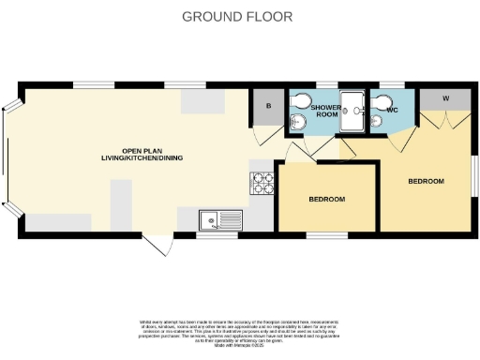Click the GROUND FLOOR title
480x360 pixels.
coord(237,16)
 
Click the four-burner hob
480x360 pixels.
coord(262,183)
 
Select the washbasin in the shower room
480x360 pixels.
coord(298,121)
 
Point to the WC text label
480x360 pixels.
coord(393,110)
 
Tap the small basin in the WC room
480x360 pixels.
coord(376,119)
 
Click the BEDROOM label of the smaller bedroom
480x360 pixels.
coord(327,200)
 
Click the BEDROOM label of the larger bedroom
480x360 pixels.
coord(425,181)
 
